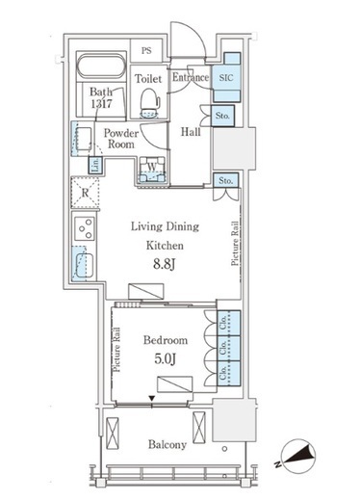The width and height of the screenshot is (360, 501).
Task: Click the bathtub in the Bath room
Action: [x=101, y=66]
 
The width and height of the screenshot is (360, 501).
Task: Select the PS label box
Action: [x=146, y=50]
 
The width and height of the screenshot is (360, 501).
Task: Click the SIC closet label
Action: [x=226, y=77]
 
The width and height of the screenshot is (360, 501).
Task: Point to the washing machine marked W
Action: [x=152, y=170]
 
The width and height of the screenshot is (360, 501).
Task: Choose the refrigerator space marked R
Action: [x=85, y=193]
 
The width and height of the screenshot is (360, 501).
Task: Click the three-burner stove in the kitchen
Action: [x=85, y=228]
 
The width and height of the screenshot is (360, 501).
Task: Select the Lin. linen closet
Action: [x=95, y=166]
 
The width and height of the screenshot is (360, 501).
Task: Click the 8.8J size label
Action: [x=164, y=264]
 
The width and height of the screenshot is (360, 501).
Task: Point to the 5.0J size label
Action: [x=165, y=358]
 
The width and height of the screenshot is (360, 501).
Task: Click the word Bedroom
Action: [x=166, y=340]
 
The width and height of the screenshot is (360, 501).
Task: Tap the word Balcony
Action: [x=167, y=445]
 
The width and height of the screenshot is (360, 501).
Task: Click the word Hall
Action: [x=191, y=132]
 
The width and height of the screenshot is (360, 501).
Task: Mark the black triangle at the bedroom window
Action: [x=152, y=398]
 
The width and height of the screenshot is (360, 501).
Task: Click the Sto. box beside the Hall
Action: [x=222, y=116]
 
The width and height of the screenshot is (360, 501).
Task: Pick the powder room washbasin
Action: [x=83, y=139]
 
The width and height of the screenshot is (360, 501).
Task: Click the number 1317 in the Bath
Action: [x=101, y=103]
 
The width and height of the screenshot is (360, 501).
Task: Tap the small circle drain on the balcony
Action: [x=224, y=449]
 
